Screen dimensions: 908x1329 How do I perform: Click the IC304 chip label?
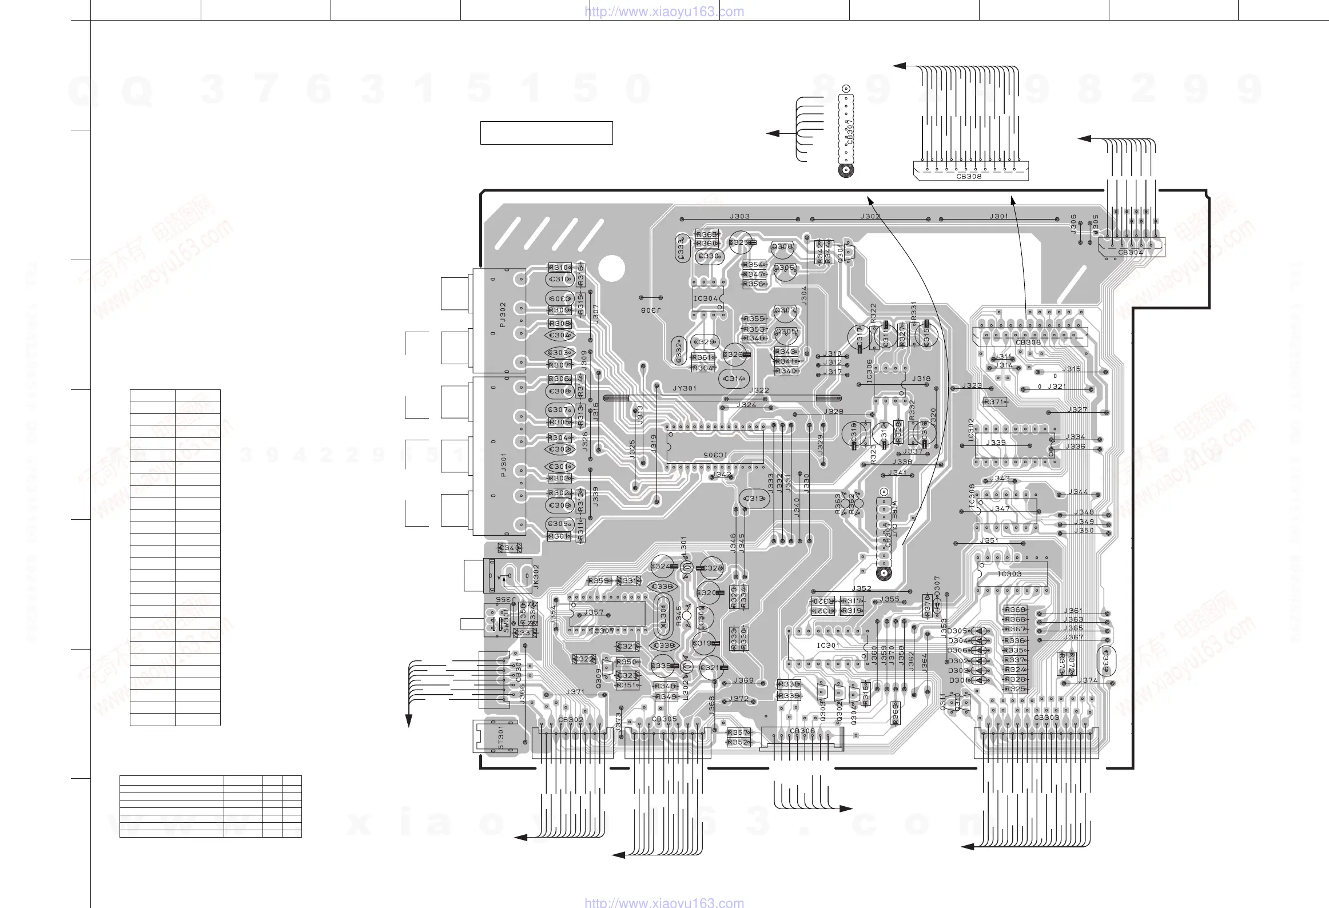pyautogui.click(x=705, y=298)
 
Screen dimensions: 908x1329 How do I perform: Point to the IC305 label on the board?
pyautogui.click(x=715, y=455)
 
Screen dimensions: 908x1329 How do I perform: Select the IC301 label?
pyautogui.click(x=828, y=645)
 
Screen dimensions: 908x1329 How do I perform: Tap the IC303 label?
pyautogui.click(x=1009, y=574)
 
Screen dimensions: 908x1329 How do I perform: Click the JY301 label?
pyautogui.click(x=685, y=388)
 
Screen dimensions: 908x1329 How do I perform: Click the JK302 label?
pyautogui.click(x=536, y=575)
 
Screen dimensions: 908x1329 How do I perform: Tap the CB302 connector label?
pyautogui.click(x=571, y=720)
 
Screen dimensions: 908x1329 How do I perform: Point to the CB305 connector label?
pyautogui.click(x=664, y=719)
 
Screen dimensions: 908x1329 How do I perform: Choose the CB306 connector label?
pyautogui.click(x=802, y=731)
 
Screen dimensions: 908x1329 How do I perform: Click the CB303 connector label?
pyautogui.click(x=1047, y=718)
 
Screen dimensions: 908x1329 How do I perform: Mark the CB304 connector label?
pyautogui.click(x=1131, y=252)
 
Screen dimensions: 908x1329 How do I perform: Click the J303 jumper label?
pyautogui.click(x=739, y=216)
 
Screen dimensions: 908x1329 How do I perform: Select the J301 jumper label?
pyautogui.click(x=999, y=216)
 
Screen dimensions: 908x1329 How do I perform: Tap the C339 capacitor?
pyautogui.click(x=1106, y=662)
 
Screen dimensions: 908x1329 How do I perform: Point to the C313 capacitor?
pyautogui.click(x=754, y=499)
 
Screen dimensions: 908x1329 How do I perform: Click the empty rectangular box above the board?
pyautogui.click(x=546, y=133)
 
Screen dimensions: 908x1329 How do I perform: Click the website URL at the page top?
pyautogui.click(x=664, y=11)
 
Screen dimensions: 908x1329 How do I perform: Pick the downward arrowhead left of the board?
pyautogui.click(x=409, y=721)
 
